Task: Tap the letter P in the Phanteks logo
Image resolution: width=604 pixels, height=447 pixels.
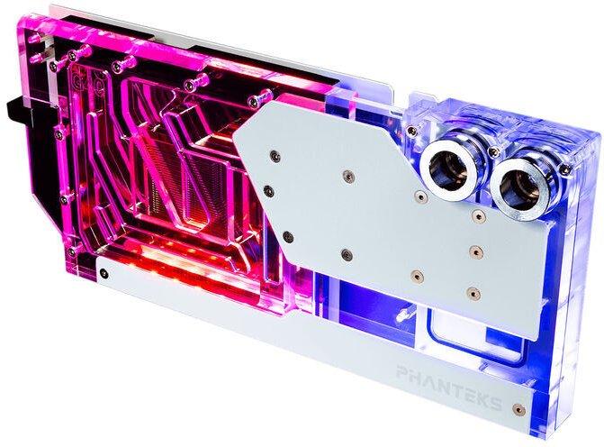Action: click(403, 372)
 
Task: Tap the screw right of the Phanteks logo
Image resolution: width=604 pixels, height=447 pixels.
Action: click(519, 409)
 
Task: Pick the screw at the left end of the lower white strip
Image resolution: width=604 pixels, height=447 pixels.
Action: click(104, 274)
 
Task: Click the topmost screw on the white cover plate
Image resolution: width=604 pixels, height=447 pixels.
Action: click(275, 156)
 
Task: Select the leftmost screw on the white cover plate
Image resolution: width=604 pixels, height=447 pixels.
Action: click(269, 190)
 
